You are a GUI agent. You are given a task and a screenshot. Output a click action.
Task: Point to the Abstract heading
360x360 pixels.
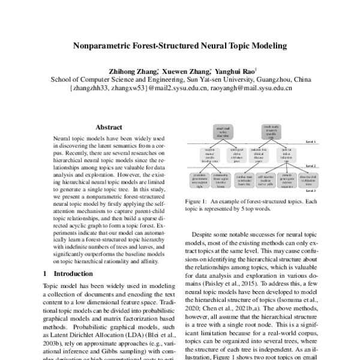point(109,128)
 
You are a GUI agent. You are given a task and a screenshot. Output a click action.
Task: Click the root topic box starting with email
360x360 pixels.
point(222,131)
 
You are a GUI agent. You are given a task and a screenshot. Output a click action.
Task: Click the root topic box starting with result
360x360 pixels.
point(270,131)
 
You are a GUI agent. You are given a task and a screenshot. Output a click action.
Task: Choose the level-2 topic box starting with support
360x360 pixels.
point(201,155)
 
